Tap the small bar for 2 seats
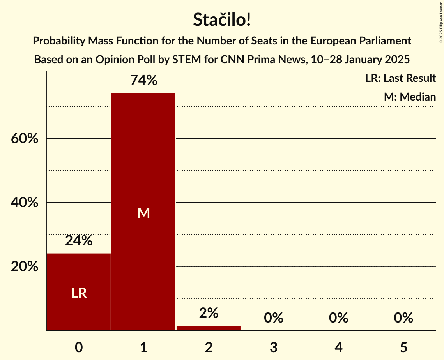click(x=209, y=328)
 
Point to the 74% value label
click(x=143, y=80)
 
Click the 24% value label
click(x=79, y=241)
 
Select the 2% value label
click(x=209, y=313)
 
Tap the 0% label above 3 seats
click(x=273, y=318)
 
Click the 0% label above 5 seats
click(x=403, y=318)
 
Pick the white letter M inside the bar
click(x=143, y=213)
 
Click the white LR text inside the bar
click(x=79, y=293)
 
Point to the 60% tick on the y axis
click(x=25, y=139)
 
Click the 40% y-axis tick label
click(x=25, y=203)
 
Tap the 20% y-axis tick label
click(x=25, y=267)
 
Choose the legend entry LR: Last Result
click(x=400, y=78)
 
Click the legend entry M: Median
click(x=410, y=97)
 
